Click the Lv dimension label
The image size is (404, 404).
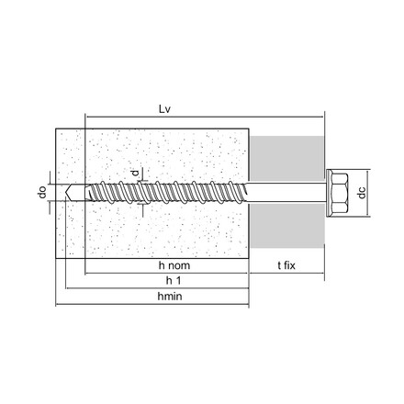(164, 109)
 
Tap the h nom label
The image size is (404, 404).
(174, 265)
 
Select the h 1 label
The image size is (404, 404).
(174, 280)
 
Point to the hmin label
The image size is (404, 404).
(170, 297)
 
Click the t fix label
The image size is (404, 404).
(286, 265)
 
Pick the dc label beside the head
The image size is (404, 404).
(362, 193)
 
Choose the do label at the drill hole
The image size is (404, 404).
(42, 192)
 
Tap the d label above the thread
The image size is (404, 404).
(135, 173)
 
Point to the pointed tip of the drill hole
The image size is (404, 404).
(65, 193)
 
